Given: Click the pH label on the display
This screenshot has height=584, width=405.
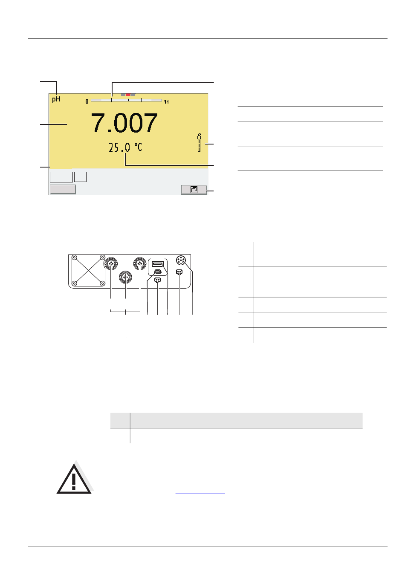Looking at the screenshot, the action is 56,99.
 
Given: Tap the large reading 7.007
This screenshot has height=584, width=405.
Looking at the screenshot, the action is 124,123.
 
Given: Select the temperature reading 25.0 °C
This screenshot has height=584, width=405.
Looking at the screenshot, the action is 125,147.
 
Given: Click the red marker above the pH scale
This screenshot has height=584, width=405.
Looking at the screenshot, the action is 128,95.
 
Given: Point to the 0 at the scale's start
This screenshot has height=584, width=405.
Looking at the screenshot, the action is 87,101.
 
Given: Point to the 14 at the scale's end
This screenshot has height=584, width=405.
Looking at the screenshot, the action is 166,102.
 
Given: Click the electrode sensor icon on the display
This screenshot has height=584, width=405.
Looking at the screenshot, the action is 199,142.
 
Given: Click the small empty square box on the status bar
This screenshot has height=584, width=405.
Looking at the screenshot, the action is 80,177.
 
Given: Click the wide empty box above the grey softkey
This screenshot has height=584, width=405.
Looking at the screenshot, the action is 61,177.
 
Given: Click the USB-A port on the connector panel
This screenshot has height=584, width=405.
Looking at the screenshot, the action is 157,264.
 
